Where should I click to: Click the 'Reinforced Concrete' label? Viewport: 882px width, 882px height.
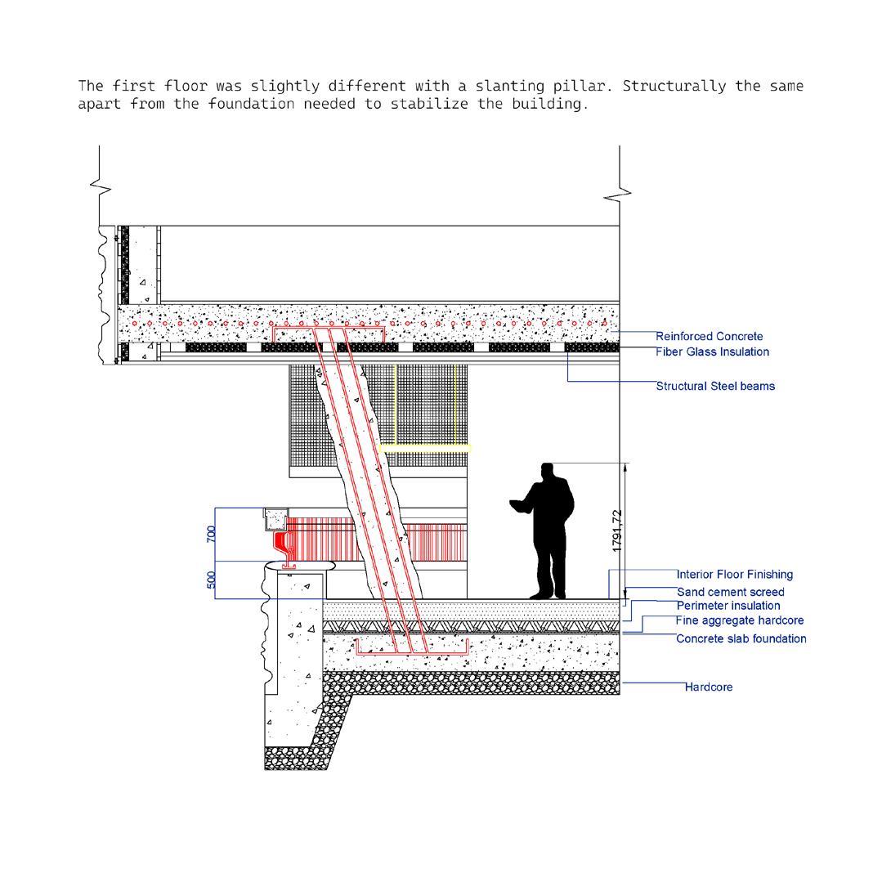point(709,337)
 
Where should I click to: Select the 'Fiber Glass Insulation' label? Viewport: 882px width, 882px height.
point(712,352)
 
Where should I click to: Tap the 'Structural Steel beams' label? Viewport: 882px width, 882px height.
point(715,386)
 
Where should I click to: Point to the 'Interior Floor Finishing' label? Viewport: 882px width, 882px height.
point(734,575)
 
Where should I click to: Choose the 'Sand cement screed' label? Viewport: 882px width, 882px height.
point(730,592)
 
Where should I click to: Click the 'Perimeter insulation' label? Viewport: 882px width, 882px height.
point(728,606)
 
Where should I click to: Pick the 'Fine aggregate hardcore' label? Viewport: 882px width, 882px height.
point(740,621)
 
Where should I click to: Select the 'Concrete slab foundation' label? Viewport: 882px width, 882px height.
point(741,638)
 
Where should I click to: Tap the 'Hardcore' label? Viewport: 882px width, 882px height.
point(709,687)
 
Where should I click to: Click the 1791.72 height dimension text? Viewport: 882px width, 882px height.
point(617,530)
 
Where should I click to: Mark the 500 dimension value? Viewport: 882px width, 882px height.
point(212,580)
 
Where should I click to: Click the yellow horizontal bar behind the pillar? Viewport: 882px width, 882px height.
point(426,448)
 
